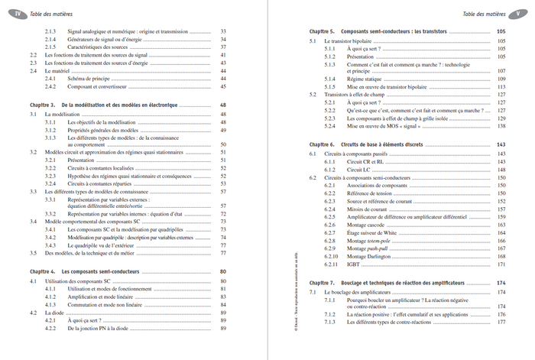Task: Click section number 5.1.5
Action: click(330, 86)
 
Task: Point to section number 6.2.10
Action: click(331, 256)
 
